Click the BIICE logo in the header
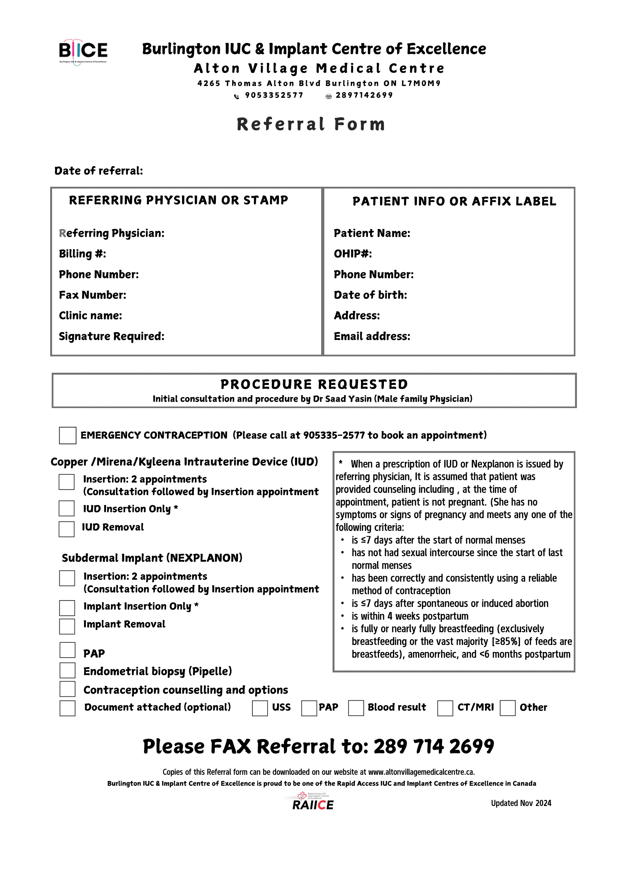click(x=83, y=52)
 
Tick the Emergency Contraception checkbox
click(x=67, y=435)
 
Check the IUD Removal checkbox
click(x=67, y=529)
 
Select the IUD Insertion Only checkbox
click(x=67, y=509)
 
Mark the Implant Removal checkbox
click(x=67, y=626)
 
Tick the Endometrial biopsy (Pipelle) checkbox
click(x=67, y=671)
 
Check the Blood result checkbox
click(x=356, y=708)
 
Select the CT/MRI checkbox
click(x=445, y=708)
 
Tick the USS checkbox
click(x=260, y=708)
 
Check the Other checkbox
click(x=507, y=708)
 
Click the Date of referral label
click(x=99, y=171)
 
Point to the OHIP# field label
click(x=353, y=254)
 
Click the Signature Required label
click(x=111, y=337)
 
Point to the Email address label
click(x=372, y=337)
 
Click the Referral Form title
click(x=311, y=124)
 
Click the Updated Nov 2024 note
click(x=521, y=803)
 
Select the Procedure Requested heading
click(x=314, y=384)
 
